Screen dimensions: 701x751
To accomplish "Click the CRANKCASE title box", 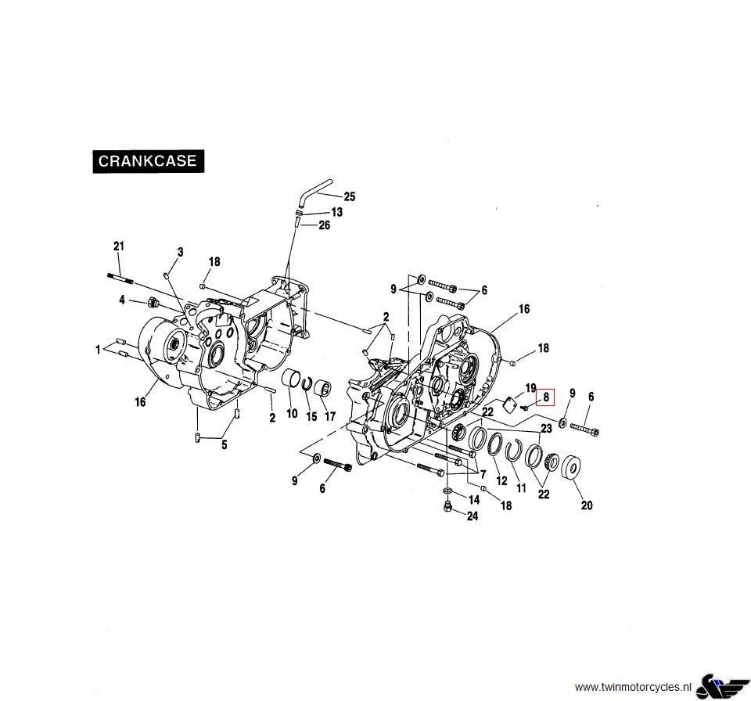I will click(149, 162).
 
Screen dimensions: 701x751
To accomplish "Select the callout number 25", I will click(349, 197).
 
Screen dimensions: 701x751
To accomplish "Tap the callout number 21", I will click(118, 246).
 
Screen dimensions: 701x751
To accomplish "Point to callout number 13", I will click(336, 212).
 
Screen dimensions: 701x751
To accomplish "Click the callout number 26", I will click(324, 225).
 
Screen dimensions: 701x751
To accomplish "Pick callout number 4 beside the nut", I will click(122, 300).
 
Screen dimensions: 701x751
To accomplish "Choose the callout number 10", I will click(292, 413).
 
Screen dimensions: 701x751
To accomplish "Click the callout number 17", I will click(329, 416).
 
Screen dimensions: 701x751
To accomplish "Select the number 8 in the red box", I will click(546, 397).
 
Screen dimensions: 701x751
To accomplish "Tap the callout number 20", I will click(586, 505).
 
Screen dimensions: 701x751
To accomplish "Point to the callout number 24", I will click(472, 516).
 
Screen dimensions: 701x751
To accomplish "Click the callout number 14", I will click(473, 499).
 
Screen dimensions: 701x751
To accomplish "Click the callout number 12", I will click(501, 481).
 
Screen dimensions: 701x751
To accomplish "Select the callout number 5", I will click(224, 445).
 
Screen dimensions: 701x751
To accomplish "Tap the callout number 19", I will click(530, 388).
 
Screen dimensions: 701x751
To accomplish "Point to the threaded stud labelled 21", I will click(119, 278).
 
